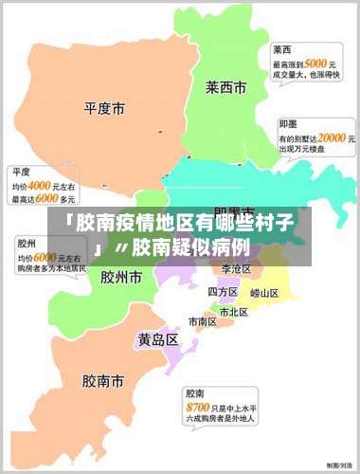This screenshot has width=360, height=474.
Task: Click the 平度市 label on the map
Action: coord(104,109)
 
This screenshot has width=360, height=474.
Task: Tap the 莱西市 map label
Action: coord(225,87)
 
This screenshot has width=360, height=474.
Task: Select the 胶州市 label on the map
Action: coord(120,278)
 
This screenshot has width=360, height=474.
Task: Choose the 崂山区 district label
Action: coord(264,292)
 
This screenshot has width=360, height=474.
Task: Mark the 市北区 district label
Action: coord(234,311)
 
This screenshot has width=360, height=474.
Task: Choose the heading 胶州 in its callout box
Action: coord(26,244)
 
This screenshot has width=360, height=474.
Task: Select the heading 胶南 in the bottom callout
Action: coord(196,392)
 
